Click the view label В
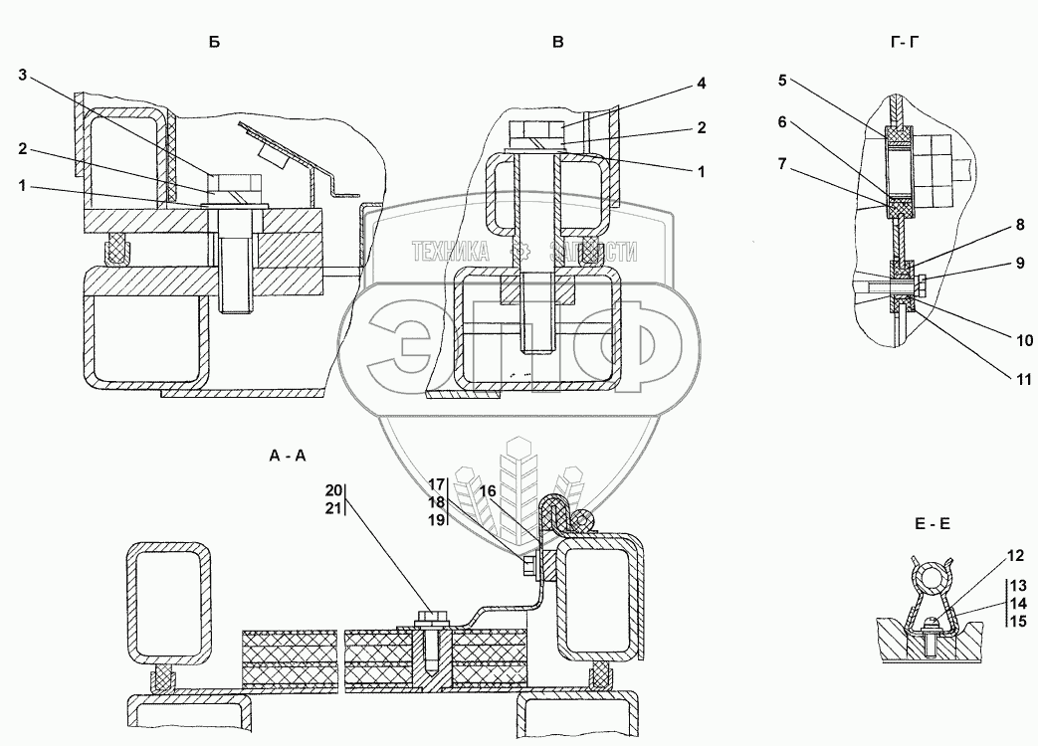click(x=558, y=42)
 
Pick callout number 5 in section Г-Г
click(x=783, y=78)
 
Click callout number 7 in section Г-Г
click(x=783, y=160)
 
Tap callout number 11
click(x=1024, y=379)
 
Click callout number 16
click(x=487, y=491)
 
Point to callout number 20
click(x=333, y=489)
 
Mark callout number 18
click(x=436, y=502)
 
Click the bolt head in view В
click(x=537, y=130)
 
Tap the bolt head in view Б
click(x=231, y=184)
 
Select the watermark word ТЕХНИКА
click(x=452, y=253)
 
